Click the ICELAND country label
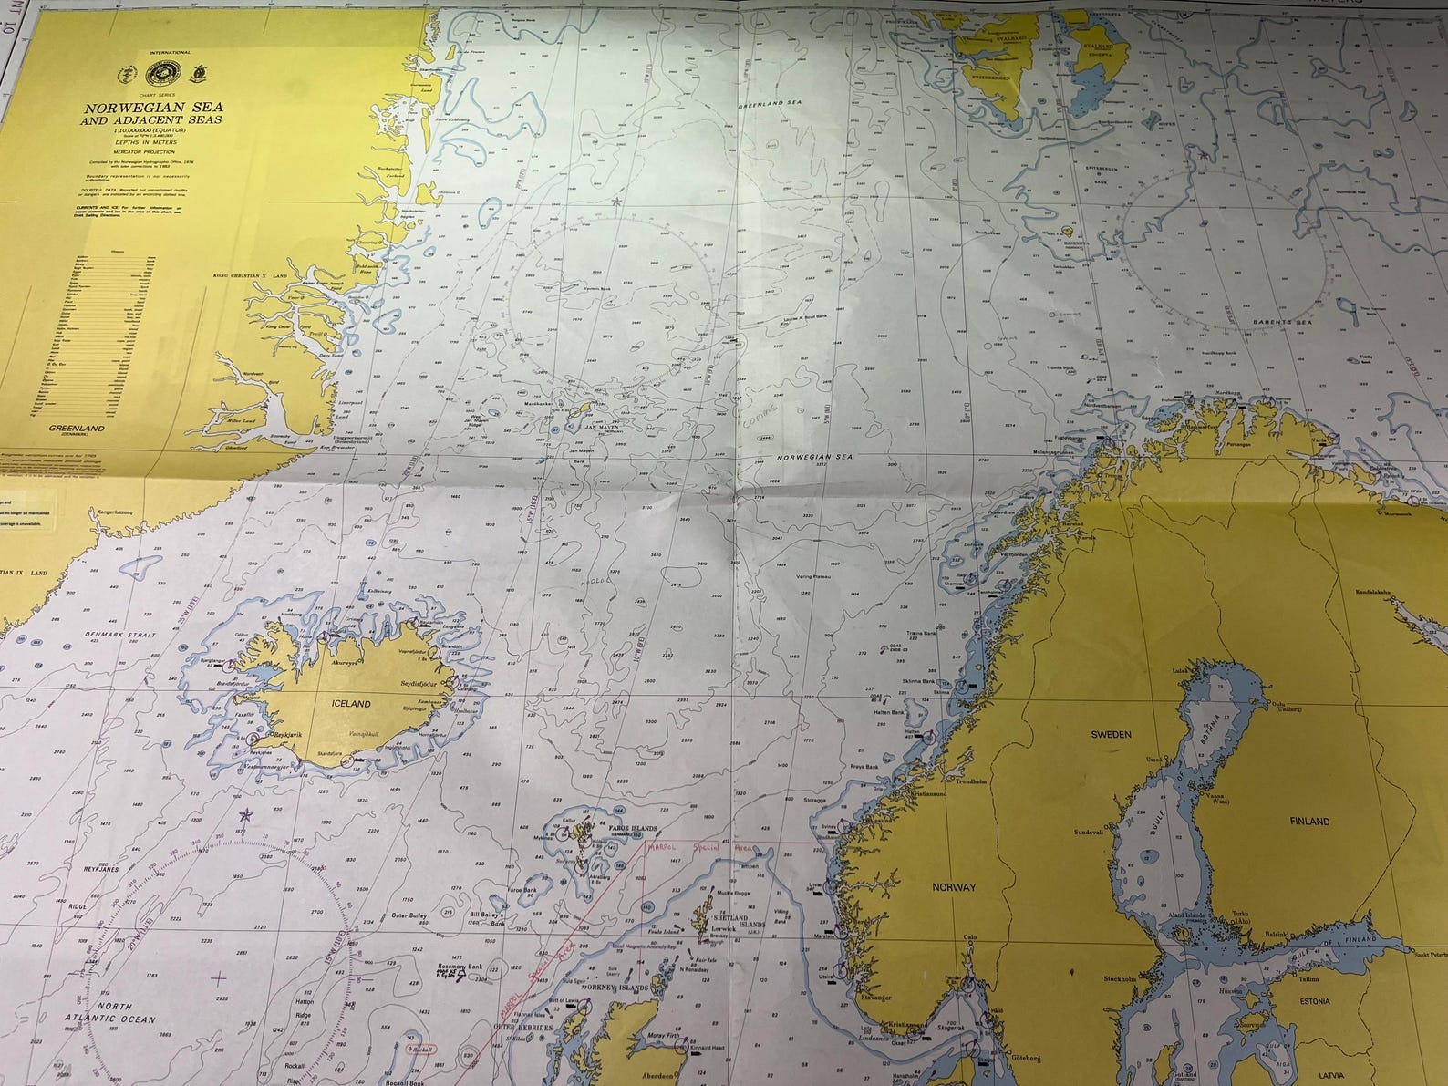click(351, 704)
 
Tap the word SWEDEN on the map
click(1112, 734)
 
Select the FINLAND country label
click(1308, 822)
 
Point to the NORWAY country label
click(954, 886)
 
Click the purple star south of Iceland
click(243, 814)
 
